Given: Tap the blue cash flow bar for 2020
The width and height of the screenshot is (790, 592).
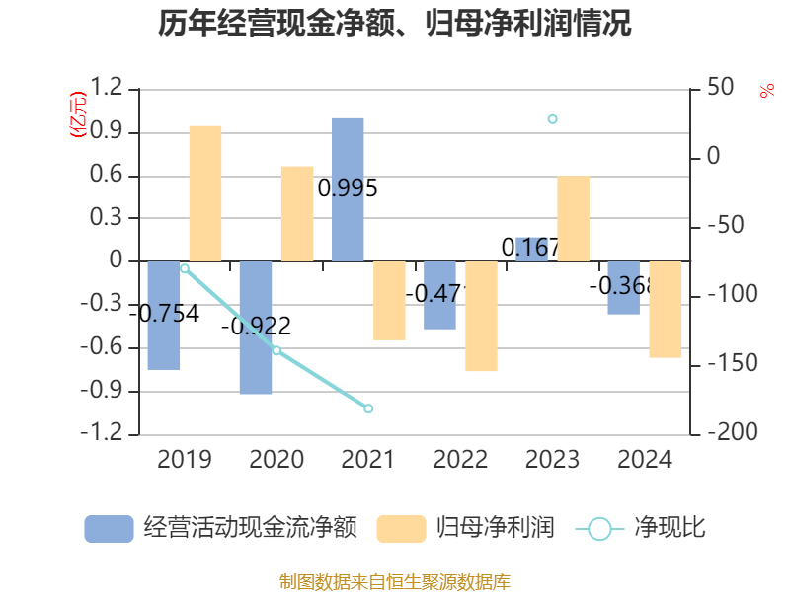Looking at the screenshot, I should [x=256, y=328].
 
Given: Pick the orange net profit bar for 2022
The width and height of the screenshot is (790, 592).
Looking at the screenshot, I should [x=481, y=317].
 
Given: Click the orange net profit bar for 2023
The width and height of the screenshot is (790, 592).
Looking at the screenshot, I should [x=573, y=219].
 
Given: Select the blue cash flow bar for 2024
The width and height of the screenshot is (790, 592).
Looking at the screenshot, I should [x=623, y=288].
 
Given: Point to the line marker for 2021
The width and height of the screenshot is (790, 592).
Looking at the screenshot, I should [x=368, y=408].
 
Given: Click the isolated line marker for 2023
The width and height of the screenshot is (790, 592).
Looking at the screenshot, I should [x=552, y=119].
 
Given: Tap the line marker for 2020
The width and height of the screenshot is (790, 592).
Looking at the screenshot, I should [x=276, y=350].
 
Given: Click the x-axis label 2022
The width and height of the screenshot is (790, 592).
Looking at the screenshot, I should [x=460, y=460].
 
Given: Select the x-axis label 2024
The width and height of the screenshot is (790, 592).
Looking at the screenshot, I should [x=644, y=460].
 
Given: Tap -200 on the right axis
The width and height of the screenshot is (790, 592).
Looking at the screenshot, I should [x=726, y=433].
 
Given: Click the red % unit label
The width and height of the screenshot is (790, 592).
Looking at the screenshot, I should [x=766, y=91].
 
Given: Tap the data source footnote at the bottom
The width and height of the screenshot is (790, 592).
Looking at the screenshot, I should [x=395, y=581].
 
